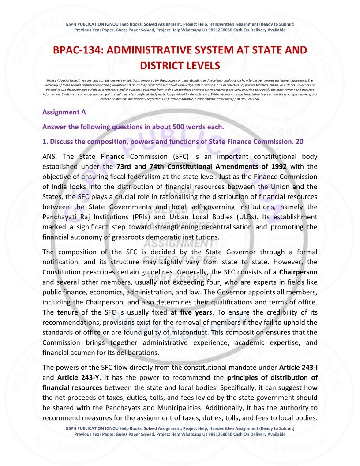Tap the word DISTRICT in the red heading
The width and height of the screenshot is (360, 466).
pos(162,66)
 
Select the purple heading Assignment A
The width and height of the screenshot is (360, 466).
pos(64,112)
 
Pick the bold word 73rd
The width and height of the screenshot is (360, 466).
pos(125,166)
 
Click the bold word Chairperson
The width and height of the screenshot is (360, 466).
pos(298,272)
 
